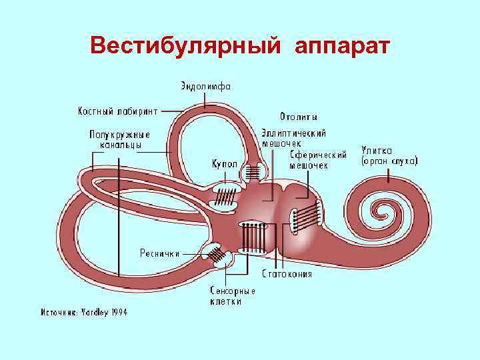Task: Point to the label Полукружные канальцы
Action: click(x=119, y=139)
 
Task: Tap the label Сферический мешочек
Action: click(x=318, y=160)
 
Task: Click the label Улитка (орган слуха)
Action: click(x=389, y=155)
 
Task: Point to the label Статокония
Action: click(x=287, y=273)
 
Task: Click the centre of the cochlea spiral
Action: click(x=382, y=215)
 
